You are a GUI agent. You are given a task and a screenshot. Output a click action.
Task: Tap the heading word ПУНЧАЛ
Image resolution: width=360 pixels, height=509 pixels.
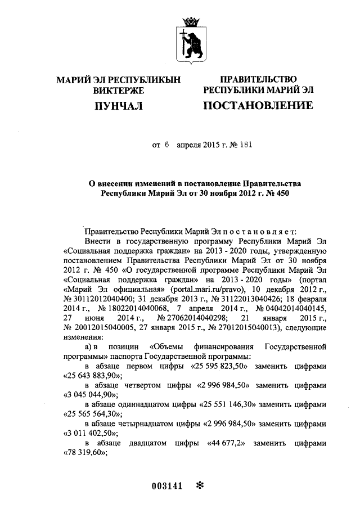click(119, 106)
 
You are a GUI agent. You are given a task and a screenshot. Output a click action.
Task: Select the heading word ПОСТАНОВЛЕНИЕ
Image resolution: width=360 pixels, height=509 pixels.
click(258, 106)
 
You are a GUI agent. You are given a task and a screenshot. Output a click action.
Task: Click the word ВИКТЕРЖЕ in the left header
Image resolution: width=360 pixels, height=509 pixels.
click(119, 90)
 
